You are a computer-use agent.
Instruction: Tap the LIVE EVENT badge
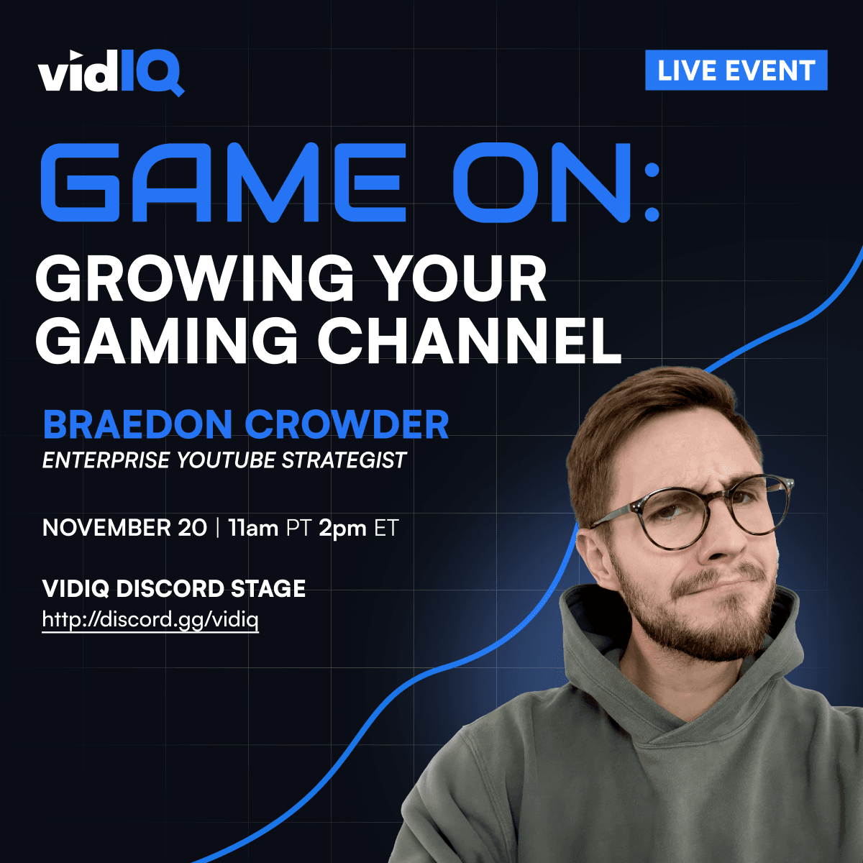click(x=736, y=70)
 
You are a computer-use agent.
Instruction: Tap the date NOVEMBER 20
click(x=124, y=528)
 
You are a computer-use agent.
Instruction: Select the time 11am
click(x=253, y=528)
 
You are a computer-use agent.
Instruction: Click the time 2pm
click(x=342, y=528)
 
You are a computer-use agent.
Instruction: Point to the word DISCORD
click(x=170, y=588)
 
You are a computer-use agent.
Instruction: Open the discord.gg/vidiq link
click(x=150, y=619)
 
